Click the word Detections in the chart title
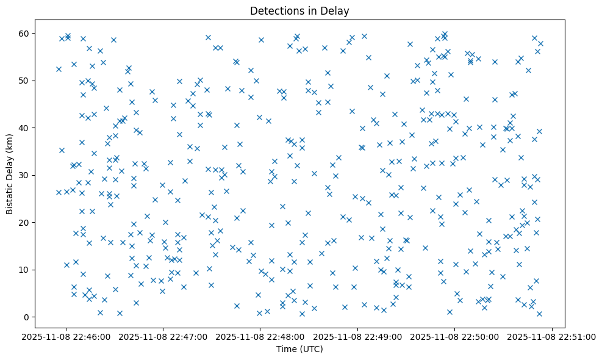coord(272,10)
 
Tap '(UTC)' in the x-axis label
coord(309,349)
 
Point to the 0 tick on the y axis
coord(27,317)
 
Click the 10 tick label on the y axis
coord(24,270)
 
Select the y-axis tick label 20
coord(24,223)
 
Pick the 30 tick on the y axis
coord(24,175)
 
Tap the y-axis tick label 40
coord(24,128)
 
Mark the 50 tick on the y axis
coord(24,81)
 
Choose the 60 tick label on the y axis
coord(24,33)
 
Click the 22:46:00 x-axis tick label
coord(66,336)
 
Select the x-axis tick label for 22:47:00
coord(163,336)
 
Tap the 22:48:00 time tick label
coord(260,336)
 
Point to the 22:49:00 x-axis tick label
coord(358,336)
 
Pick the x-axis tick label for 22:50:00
coord(455,336)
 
